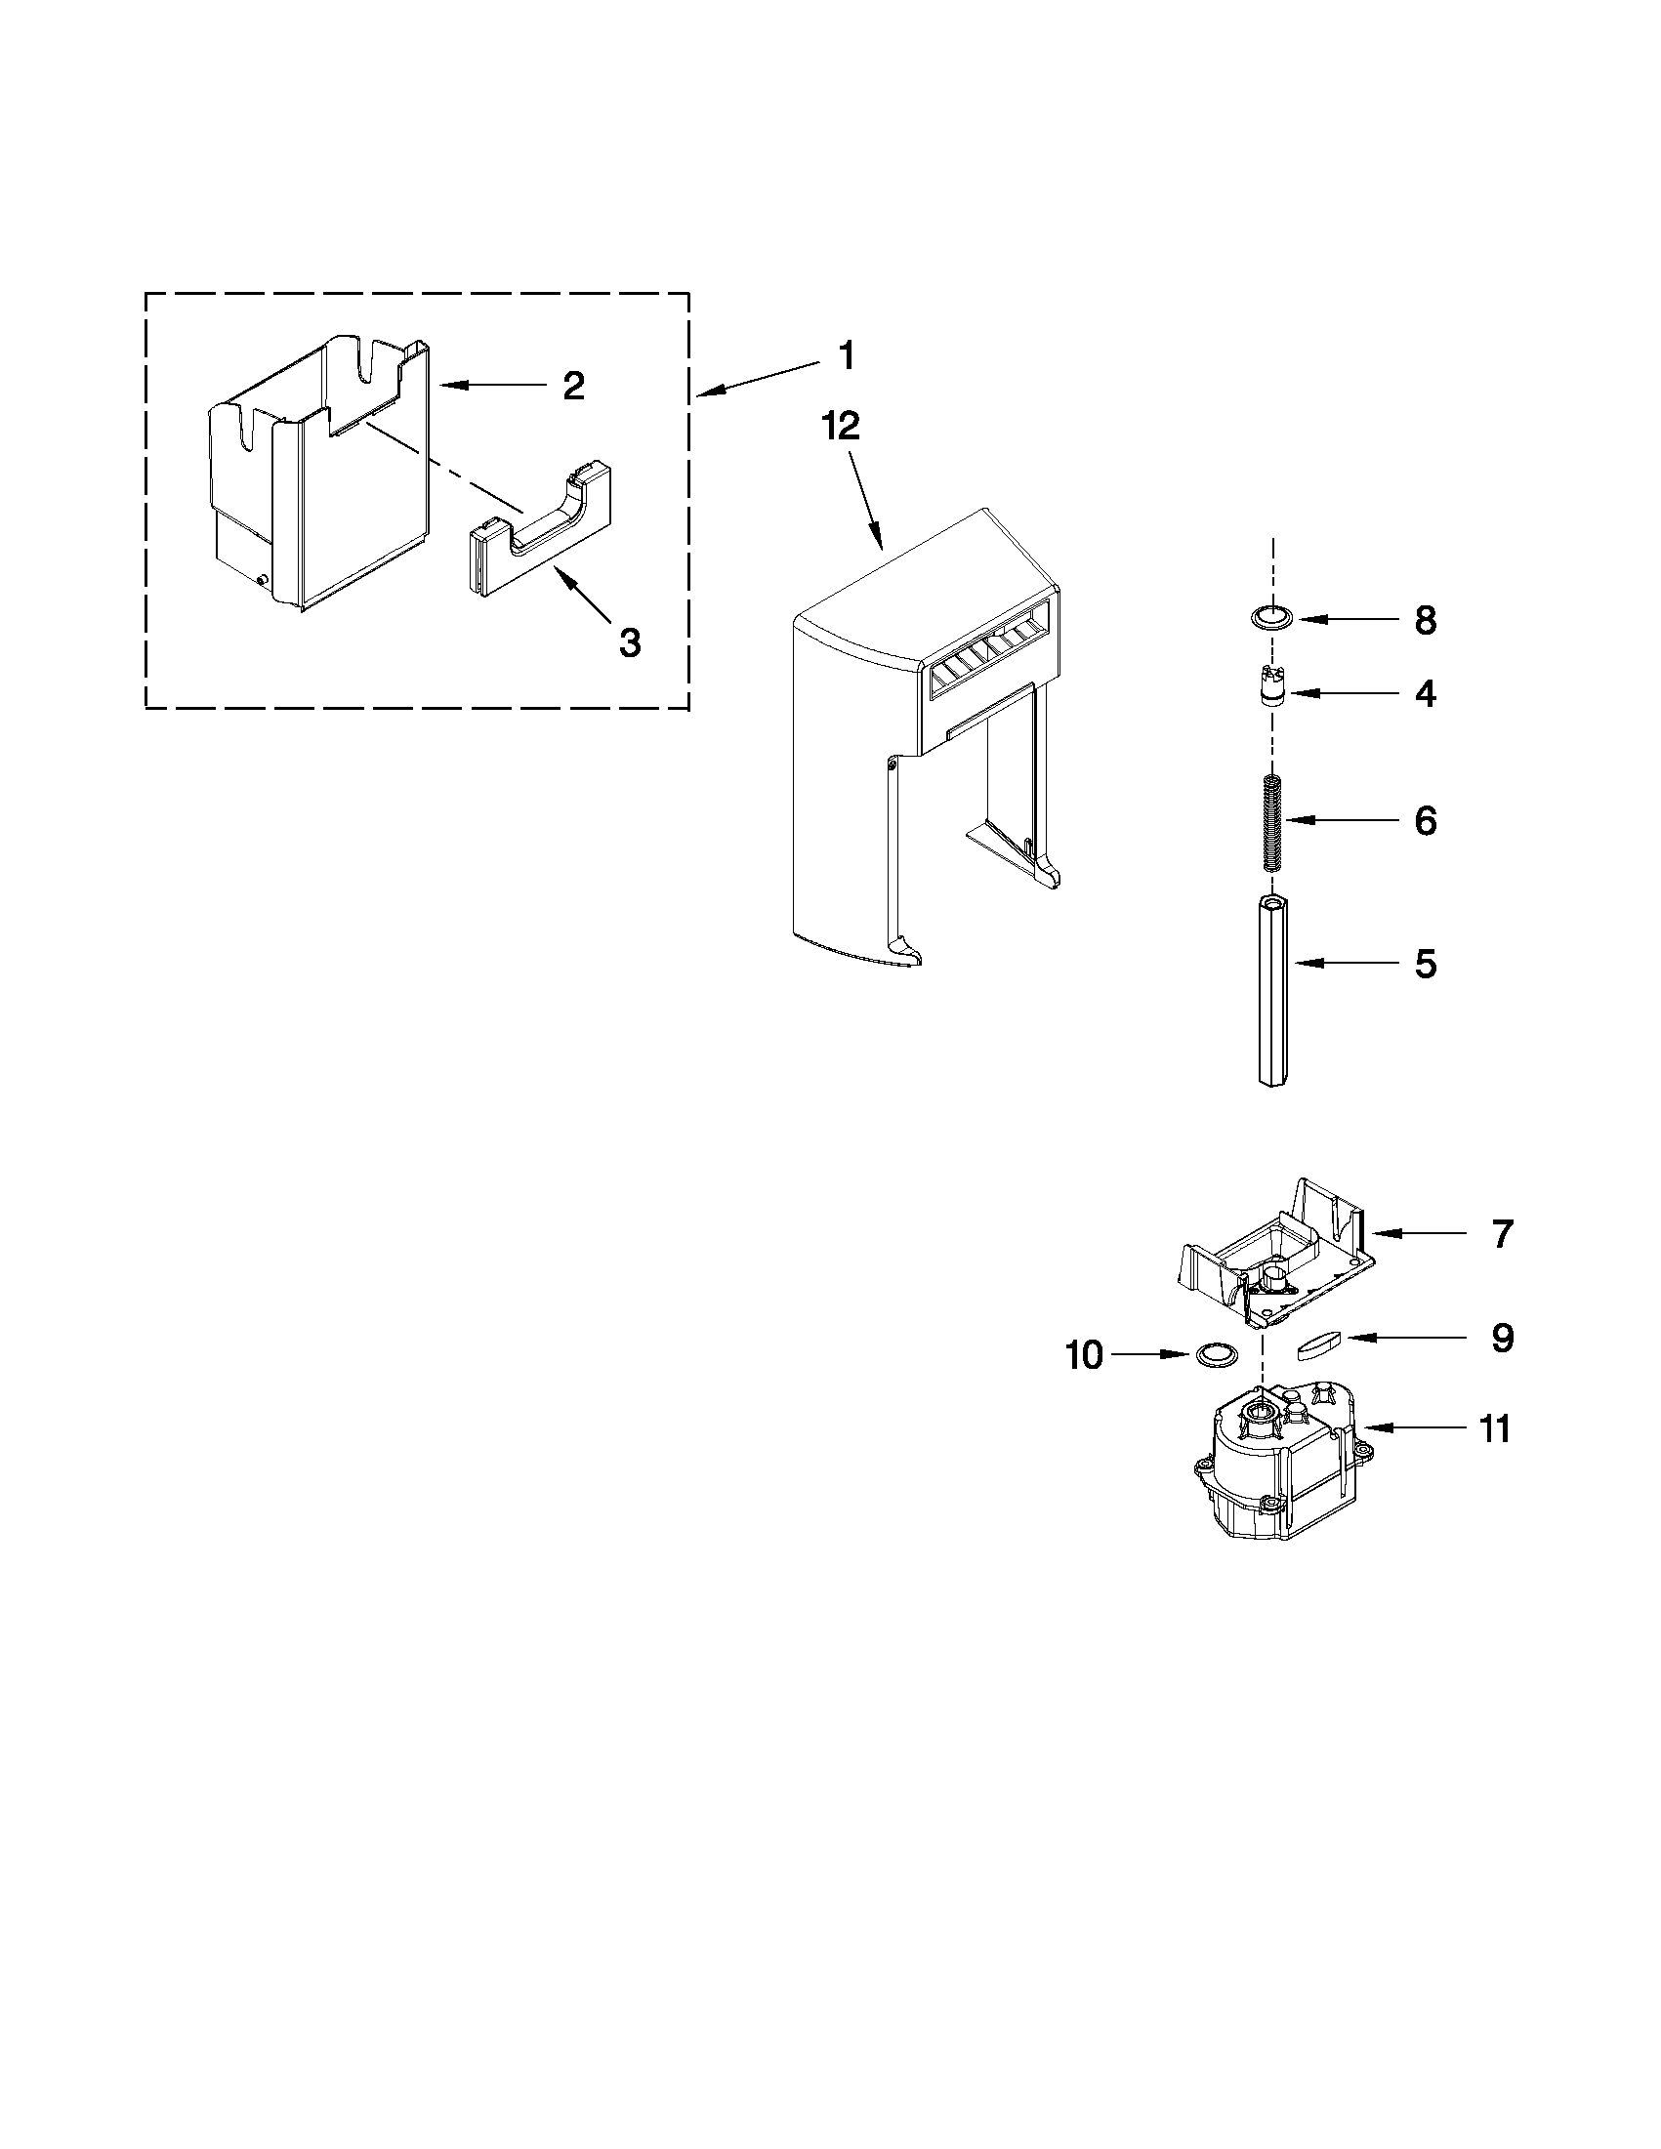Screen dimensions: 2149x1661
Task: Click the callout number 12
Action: (842, 425)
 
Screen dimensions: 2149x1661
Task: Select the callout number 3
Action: (630, 642)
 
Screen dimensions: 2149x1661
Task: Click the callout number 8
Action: (1425, 621)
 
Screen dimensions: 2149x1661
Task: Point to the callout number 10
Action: (1084, 1356)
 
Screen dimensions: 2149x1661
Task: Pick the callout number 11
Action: (1495, 1428)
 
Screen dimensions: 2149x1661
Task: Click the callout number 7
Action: (1501, 1234)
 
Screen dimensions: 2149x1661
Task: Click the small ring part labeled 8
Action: (1271, 618)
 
